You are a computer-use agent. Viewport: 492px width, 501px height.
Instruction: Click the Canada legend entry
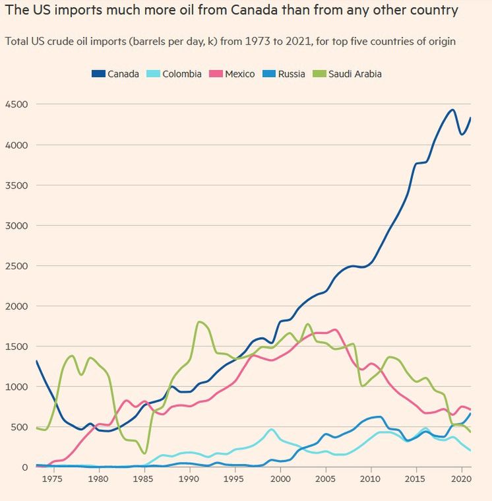pyautogui.click(x=115, y=74)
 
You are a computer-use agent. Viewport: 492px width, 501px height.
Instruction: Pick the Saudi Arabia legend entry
pyautogui.click(x=350, y=74)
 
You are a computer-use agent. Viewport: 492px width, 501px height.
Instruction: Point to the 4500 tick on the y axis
pyautogui.click(x=16, y=104)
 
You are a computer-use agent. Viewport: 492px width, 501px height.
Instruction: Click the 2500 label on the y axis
pyautogui.click(x=16, y=266)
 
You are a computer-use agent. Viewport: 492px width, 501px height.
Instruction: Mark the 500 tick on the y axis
pyautogui.click(x=19, y=427)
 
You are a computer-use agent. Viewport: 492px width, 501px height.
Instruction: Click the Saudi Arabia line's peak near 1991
pyautogui.click(x=199, y=321)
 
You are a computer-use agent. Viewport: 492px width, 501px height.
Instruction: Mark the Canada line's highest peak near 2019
pyautogui.click(x=452, y=110)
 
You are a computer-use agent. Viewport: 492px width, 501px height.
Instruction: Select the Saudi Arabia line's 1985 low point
pyautogui.click(x=144, y=453)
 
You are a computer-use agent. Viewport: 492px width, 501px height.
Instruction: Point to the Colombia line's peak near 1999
pyautogui.click(x=272, y=429)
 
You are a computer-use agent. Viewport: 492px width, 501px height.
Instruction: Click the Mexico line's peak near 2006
pyautogui.click(x=335, y=329)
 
